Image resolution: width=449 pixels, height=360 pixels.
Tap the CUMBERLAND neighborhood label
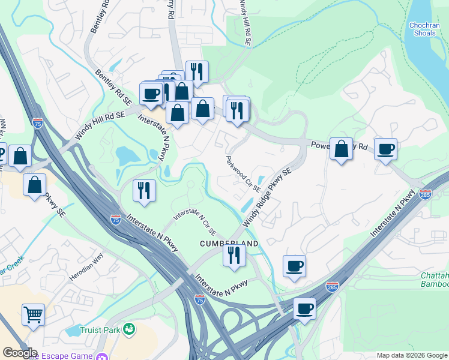pos(229,244)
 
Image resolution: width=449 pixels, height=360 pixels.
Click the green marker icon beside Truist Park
pos(128,329)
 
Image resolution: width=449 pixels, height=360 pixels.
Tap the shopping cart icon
pos(33,314)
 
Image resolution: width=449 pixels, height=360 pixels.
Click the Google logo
pos(20,353)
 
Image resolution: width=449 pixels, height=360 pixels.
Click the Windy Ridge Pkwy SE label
pos(267,197)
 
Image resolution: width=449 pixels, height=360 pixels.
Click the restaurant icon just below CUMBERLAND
pos(234,255)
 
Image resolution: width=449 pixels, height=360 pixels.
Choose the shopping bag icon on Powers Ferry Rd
pos(341,150)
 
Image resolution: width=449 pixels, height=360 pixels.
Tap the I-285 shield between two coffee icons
pos(331,287)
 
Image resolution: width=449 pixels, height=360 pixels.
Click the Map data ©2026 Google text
pos(412,355)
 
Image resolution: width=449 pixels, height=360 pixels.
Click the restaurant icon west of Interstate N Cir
pos(144,190)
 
